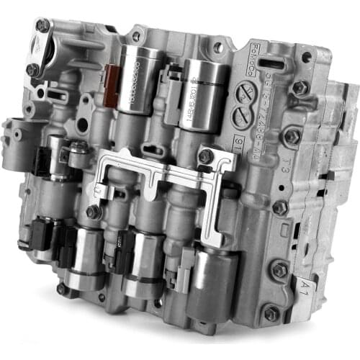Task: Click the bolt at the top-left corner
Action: point(42,26)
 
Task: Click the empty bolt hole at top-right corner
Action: point(307,56)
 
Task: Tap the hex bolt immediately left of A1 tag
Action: point(280,270)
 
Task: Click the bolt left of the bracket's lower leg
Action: point(93,212)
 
